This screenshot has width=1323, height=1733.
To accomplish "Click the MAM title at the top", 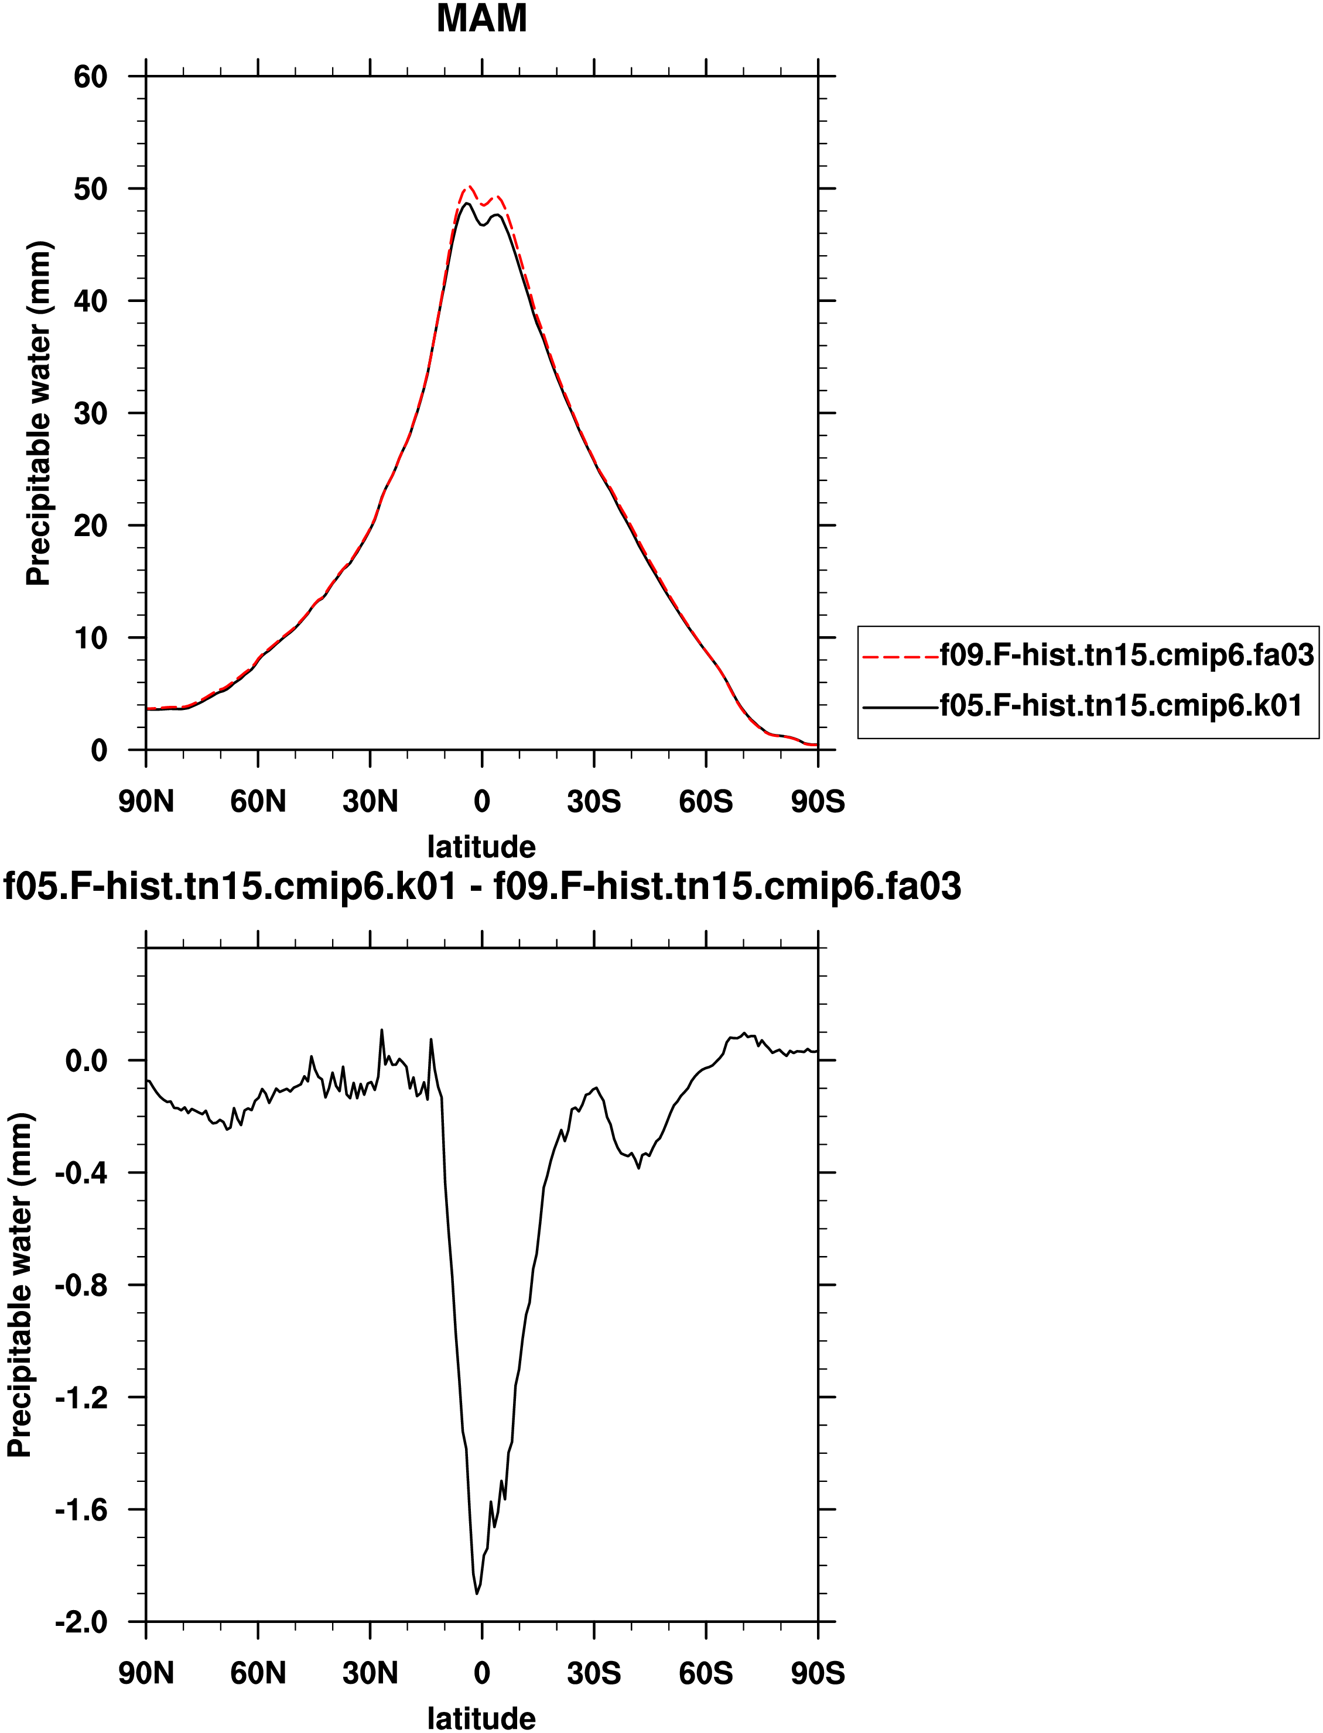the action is (482, 18).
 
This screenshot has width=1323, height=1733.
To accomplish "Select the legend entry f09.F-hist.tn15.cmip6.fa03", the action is (1088, 655).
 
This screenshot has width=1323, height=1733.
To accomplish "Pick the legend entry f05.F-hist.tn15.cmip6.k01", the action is (1083, 706).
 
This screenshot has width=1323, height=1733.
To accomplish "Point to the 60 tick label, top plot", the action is (91, 76).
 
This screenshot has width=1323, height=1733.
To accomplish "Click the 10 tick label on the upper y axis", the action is (91, 637).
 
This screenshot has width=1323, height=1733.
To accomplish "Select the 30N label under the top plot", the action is (370, 802).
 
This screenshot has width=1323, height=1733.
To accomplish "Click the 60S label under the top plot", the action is (706, 802).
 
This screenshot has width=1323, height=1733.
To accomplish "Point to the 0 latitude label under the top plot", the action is (482, 802).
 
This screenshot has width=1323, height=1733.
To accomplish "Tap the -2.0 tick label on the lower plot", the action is (81, 1622).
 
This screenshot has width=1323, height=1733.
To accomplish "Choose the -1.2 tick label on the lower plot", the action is (81, 1398).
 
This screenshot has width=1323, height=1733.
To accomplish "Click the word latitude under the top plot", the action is (482, 847).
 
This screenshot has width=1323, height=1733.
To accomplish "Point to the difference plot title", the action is (482, 886).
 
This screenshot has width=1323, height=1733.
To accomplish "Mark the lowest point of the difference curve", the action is (477, 1594).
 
